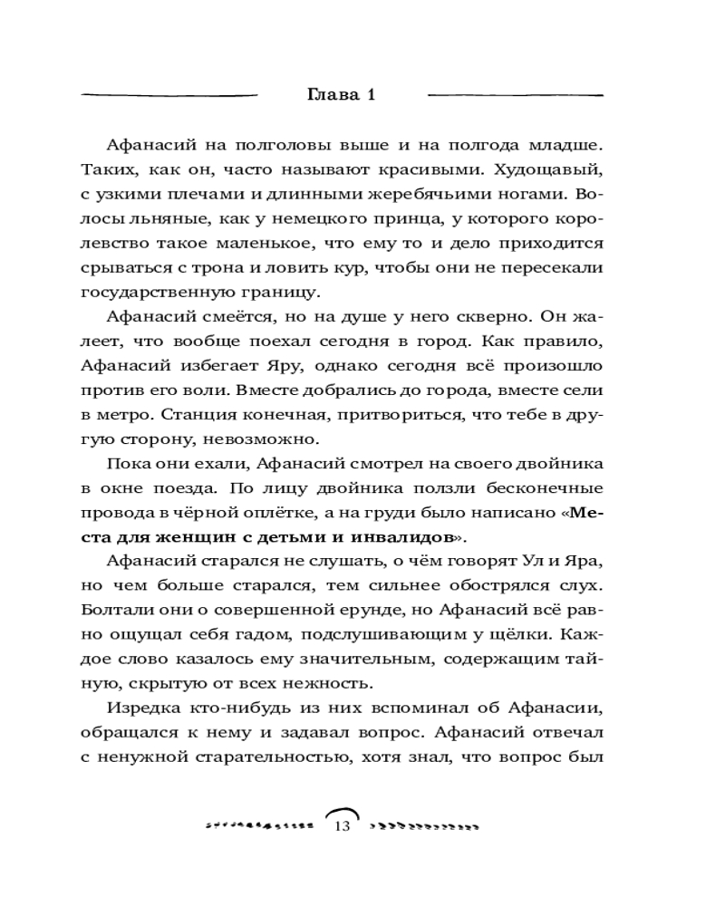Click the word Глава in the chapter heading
pos(330,95)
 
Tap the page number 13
pos(342,826)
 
